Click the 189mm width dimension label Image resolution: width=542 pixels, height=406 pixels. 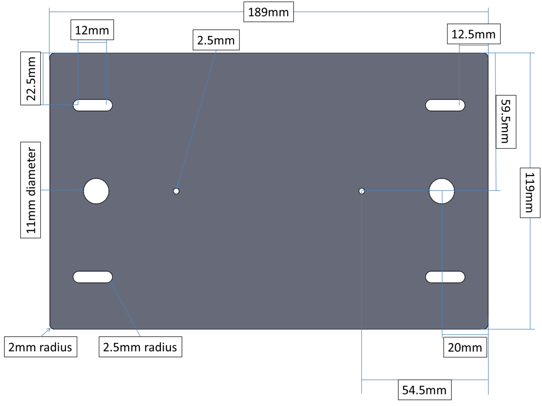(269, 12)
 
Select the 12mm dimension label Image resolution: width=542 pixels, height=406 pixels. (92, 30)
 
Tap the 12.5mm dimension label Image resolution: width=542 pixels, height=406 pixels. (474, 34)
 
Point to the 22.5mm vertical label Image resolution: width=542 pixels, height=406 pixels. (31, 78)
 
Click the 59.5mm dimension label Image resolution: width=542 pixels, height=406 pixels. (506, 121)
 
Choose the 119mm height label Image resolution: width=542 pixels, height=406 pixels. (530, 193)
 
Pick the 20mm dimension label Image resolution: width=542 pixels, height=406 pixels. (465, 347)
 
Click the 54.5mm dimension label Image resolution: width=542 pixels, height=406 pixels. (425, 390)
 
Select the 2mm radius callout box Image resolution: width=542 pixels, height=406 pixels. (41, 347)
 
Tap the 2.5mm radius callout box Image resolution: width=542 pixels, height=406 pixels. (140, 347)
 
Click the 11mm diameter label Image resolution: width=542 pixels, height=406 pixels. (31, 190)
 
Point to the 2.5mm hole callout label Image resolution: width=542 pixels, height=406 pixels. (216, 40)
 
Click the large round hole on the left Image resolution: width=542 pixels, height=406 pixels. (96, 191)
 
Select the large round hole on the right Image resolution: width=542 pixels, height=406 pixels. (441, 191)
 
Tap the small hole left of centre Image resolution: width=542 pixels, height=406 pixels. (176, 191)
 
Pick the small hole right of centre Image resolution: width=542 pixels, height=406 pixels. (361, 191)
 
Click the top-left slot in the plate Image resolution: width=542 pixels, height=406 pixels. (93, 105)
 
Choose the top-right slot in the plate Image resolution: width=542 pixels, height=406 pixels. (445, 105)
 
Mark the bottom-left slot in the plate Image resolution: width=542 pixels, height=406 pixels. (93, 277)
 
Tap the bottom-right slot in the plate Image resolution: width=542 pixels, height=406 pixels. (445, 277)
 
